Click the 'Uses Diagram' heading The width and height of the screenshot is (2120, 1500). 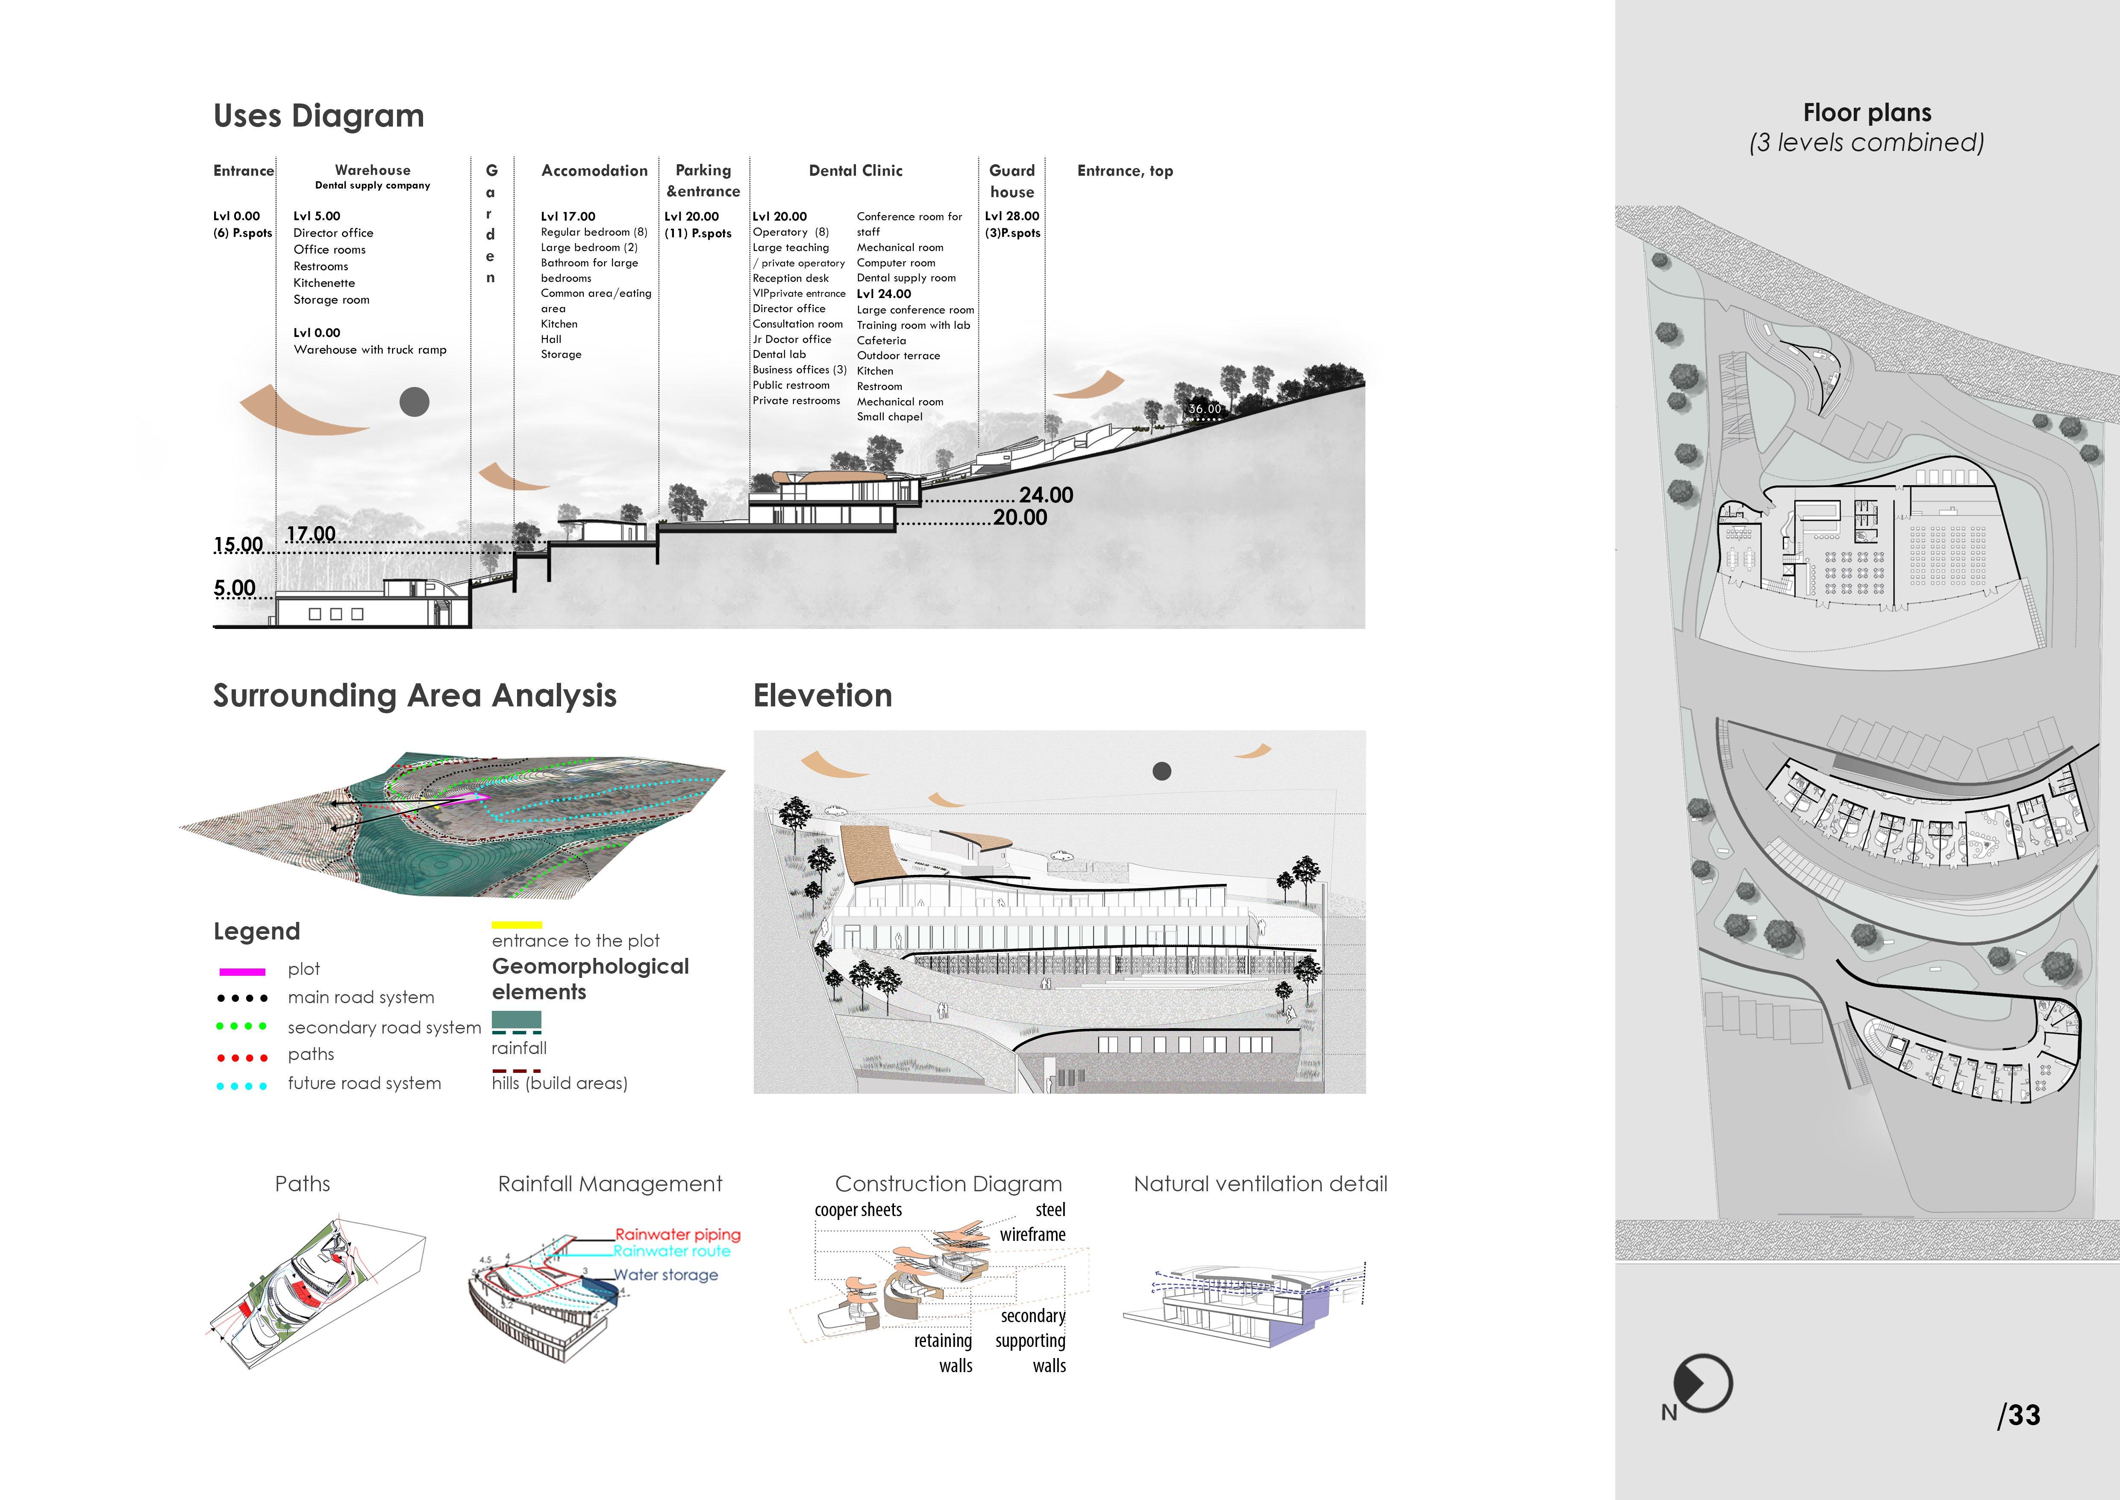click(318, 116)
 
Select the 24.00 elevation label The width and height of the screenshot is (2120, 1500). click(1046, 495)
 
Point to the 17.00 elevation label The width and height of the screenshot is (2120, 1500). click(311, 534)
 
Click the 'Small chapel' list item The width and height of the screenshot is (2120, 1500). click(889, 416)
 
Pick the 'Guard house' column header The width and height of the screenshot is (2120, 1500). click(1012, 181)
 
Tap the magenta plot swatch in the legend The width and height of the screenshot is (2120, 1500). click(242, 971)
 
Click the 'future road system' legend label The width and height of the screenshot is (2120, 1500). click(364, 1084)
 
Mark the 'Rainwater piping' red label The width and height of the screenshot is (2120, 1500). click(678, 1234)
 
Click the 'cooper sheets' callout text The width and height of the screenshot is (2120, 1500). click(858, 1210)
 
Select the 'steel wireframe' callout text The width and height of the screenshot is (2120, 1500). click(1034, 1222)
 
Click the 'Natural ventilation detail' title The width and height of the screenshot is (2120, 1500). click(1260, 1184)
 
